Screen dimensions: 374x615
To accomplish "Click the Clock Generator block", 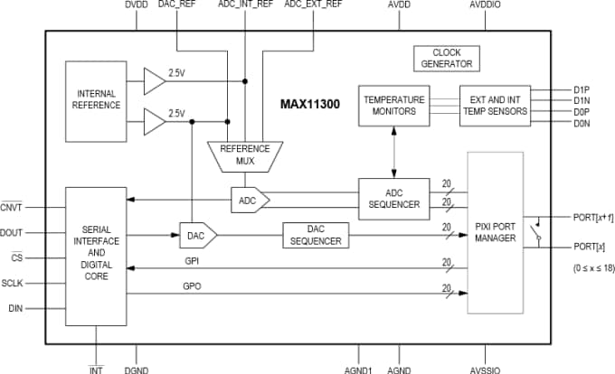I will point(447,59).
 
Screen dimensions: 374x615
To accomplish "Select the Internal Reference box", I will point(97,98).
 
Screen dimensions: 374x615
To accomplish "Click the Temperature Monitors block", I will point(394,105).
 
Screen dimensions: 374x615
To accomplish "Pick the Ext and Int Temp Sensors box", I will point(492,105).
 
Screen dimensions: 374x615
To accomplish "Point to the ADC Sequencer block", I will point(394,199).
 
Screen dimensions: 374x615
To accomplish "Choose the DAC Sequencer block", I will point(316,235).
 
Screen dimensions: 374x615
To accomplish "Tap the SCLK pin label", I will point(13,283).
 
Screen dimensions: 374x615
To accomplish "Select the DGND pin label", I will point(137,369).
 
